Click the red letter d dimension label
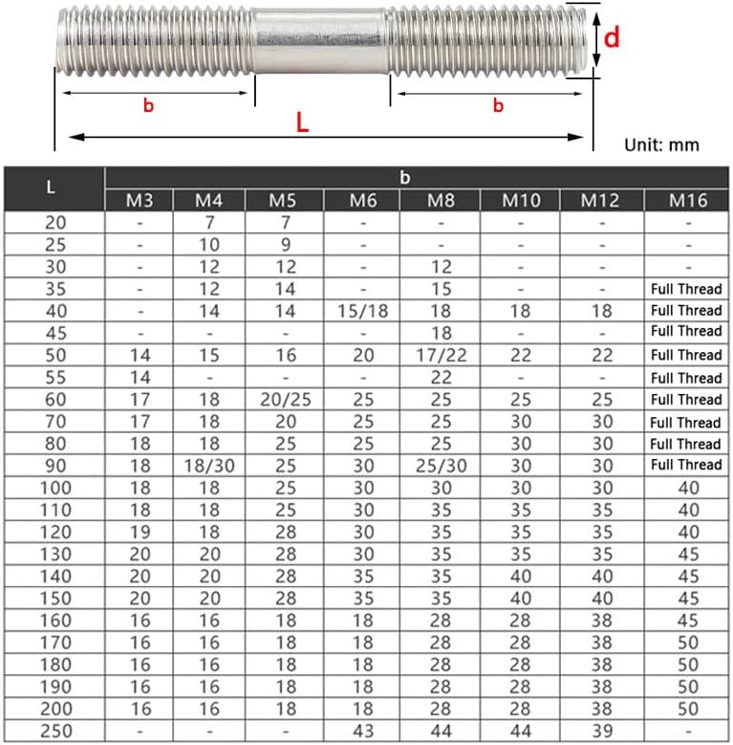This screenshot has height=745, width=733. pyautogui.click(x=613, y=37)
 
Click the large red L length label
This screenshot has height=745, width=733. pyautogui.click(x=302, y=122)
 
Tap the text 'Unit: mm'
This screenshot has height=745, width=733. pyautogui.click(x=661, y=145)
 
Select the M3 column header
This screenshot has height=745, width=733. pyautogui.click(x=139, y=200)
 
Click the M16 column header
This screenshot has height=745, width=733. pyautogui.click(x=686, y=200)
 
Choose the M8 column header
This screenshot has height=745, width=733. pyautogui.click(x=441, y=200)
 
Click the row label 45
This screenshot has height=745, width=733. pyautogui.click(x=53, y=332)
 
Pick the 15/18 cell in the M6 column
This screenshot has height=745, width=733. pyautogui.click(x=363, y=311)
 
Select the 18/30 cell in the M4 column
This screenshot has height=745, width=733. pyautogui.click(x=208, y=465)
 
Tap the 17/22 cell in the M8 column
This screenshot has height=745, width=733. pyautogui.click(x=441, y=355)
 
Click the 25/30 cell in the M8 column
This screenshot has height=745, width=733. pyautogui.click(x=441, y=465)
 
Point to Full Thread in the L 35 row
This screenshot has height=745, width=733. pyautogui.click(x=686, y=288)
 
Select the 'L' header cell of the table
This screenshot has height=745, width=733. pyautogui.click(x=53, y=187)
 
